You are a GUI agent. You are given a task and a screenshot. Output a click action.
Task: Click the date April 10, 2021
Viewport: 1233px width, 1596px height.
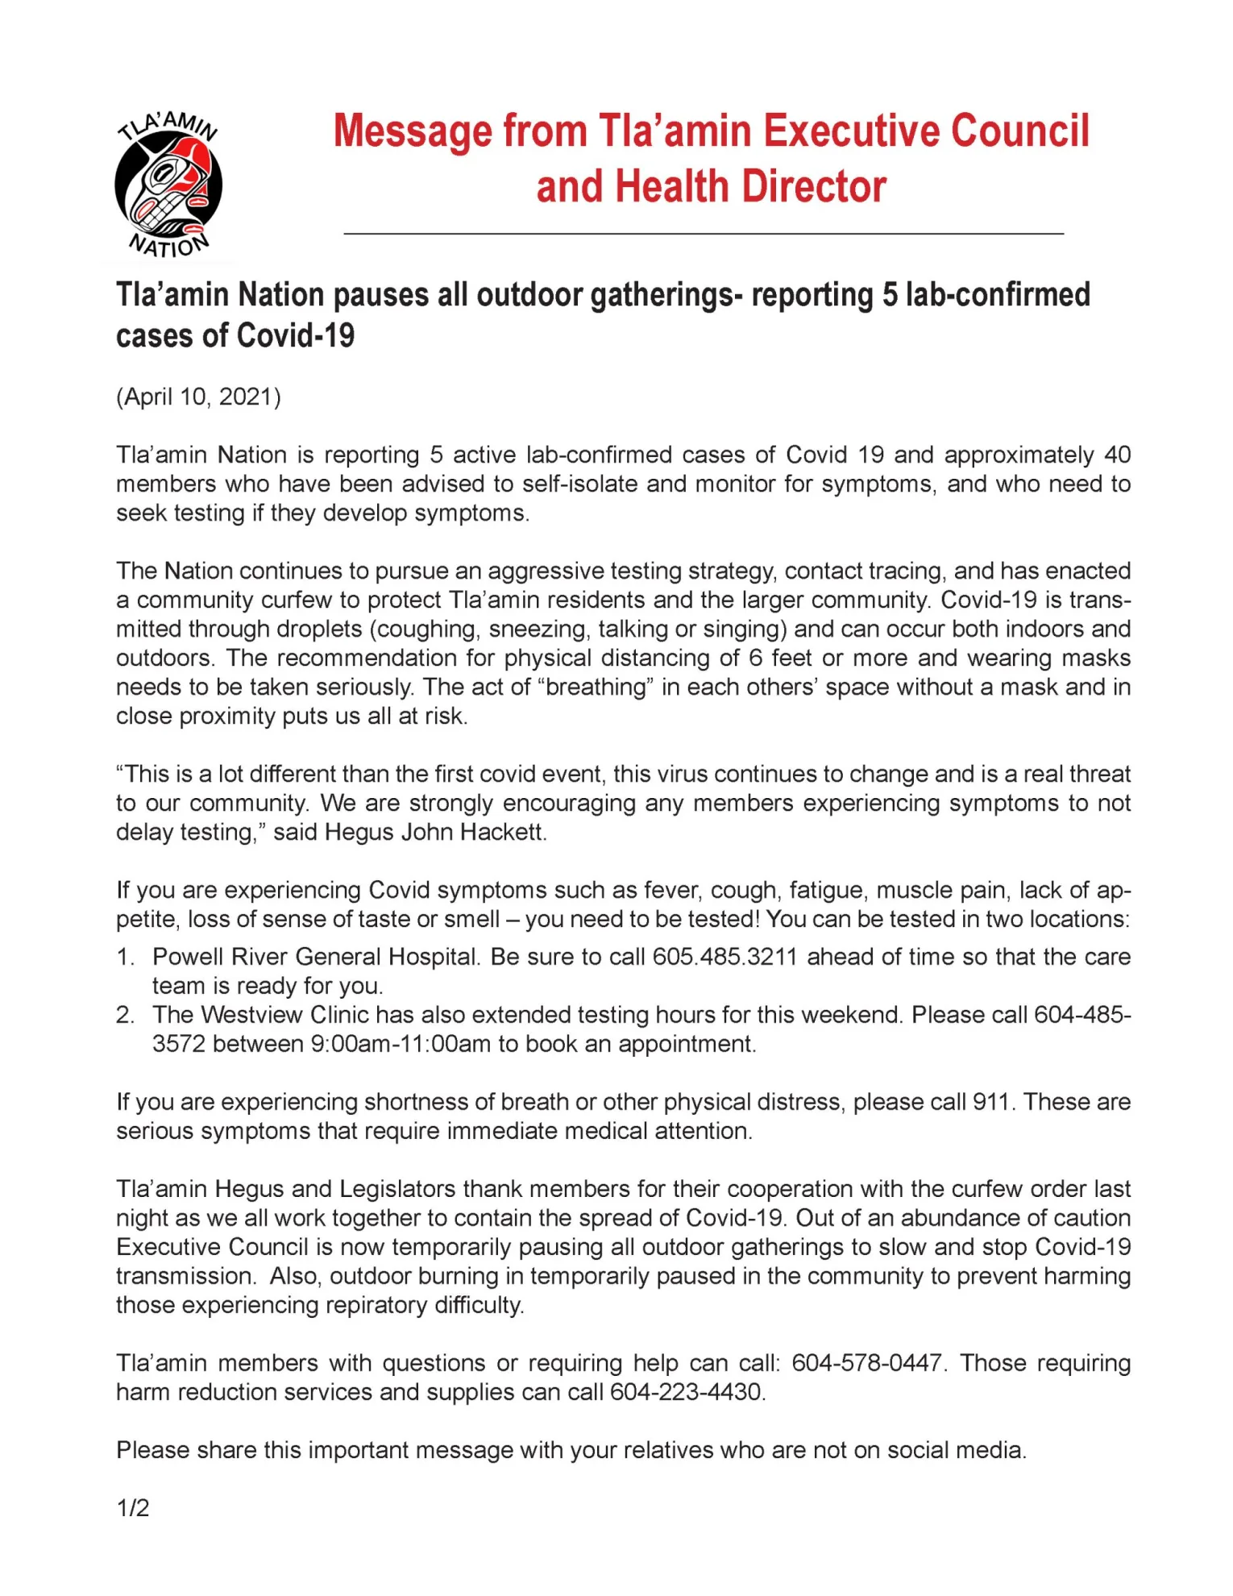198,397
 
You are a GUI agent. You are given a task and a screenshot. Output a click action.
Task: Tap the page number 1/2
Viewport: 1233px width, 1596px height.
133,1507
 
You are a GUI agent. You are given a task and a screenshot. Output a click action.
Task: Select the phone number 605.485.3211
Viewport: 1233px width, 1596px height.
724,957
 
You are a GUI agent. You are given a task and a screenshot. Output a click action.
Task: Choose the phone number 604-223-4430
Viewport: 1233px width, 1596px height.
686,1392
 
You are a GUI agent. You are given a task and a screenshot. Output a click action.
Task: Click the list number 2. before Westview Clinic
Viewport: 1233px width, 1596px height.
125,1015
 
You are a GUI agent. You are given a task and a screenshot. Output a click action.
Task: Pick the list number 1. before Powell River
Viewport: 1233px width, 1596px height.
125,957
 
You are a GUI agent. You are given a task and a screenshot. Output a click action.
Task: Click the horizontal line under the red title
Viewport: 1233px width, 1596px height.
704,234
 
